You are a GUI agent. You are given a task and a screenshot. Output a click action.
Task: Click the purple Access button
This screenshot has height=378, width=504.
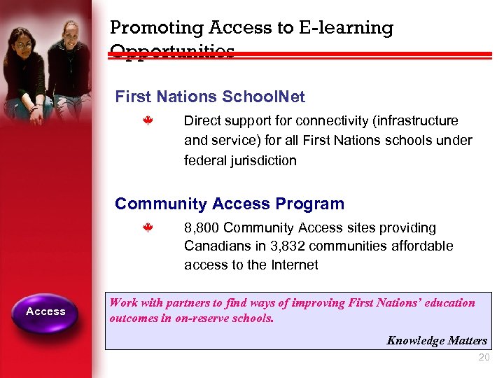tap(45, 311)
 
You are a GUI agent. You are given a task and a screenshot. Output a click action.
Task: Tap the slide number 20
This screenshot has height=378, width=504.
tap(483, 358)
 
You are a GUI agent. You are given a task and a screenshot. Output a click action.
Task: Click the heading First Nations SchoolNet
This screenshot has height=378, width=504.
tap(210, 97)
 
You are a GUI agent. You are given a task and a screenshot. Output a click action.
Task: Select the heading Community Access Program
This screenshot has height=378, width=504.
tap(230, 204)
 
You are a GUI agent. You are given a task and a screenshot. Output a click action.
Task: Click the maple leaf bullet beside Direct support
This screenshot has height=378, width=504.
tap(148, 120)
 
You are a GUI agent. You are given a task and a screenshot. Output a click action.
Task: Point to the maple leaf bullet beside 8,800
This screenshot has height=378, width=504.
tap(148, 227)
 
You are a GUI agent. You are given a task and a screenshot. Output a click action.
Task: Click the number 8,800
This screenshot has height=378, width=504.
tap(202, 227)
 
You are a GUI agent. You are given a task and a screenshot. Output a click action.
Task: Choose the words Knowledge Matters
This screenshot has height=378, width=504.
tap(437, 341)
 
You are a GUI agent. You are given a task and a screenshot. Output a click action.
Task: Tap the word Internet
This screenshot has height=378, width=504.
tap(294, 265)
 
